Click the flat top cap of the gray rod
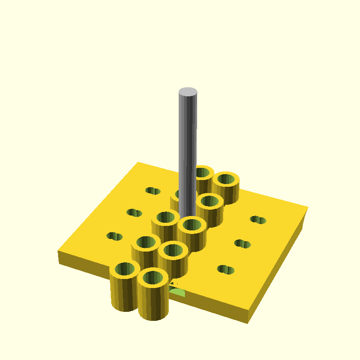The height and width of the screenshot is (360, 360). [x=188, y=92]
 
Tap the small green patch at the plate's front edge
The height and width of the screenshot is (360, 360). [x=177, y=292]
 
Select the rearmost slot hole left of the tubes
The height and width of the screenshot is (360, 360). [x=153, y=191]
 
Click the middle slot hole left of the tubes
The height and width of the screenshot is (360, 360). [x=134, y=212]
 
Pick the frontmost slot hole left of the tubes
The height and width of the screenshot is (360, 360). [x=114, y=236]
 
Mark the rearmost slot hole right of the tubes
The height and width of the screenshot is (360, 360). [x=258, y=220]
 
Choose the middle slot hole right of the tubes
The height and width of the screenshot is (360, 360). [x=243, y=243]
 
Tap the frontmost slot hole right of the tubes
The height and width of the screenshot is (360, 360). [x=225, y=270]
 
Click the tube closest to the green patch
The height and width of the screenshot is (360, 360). [x=153, y=292]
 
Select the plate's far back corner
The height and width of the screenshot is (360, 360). [x=138, y=162]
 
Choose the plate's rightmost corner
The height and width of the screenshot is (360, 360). [x=308, y=208]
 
